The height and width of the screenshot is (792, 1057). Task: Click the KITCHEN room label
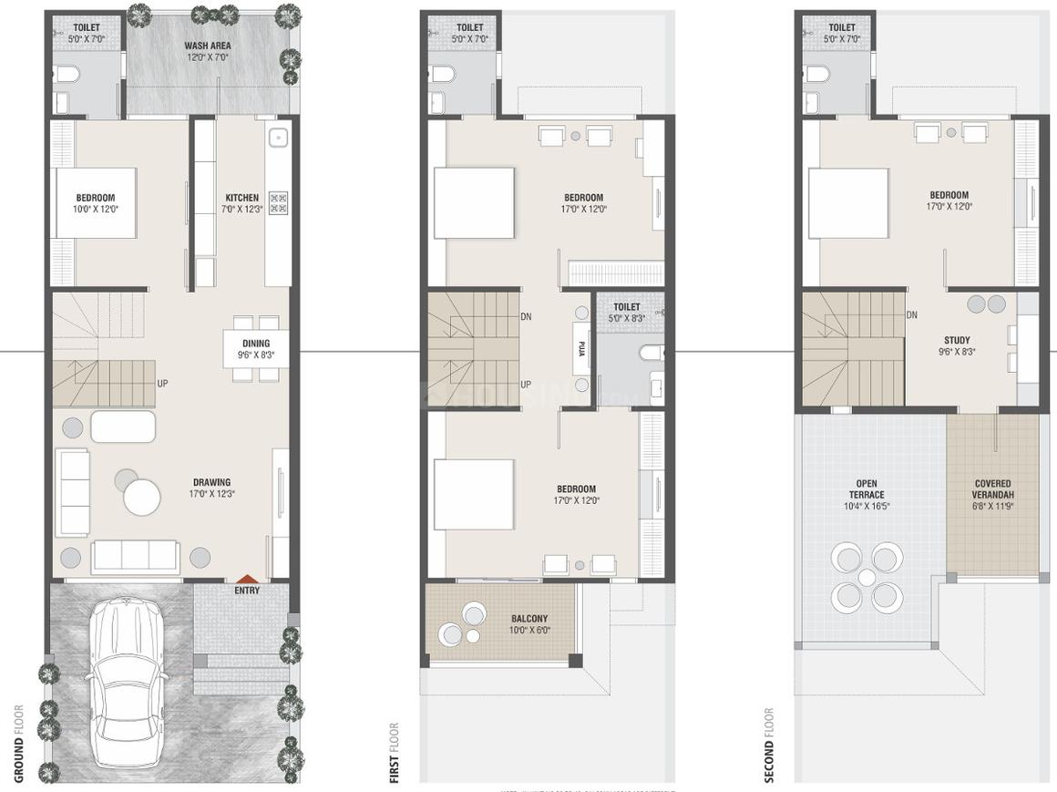click(242, 198)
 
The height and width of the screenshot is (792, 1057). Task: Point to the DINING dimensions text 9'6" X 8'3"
click(256, 355)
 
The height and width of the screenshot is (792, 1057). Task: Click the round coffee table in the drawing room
click(142, 498)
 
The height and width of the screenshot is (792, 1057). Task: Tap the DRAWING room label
click(211, 482)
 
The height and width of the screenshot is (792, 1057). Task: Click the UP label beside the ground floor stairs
click(162, 383)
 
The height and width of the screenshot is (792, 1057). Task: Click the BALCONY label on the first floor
click(528, 618)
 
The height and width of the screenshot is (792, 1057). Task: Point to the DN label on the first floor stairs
click(527, 316)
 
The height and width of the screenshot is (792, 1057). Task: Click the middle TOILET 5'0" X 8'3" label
click(627, 313)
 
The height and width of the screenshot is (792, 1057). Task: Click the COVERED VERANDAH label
click(992, 489)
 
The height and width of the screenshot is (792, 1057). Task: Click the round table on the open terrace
click(867, 577)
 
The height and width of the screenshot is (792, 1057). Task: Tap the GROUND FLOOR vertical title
click(19, 743)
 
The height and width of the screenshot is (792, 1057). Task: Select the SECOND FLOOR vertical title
click(768, 745)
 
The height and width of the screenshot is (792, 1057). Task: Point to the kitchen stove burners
click(279, 202)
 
